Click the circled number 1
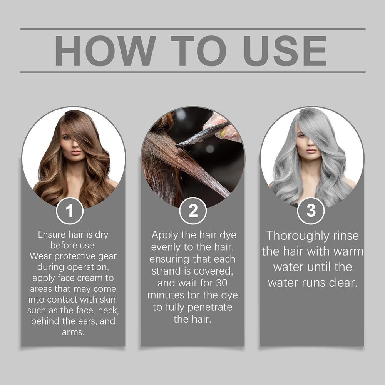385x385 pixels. [x=70, y=211]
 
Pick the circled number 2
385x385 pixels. [x=193, y=211]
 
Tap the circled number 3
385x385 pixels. [x=311, y=211]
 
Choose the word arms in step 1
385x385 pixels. [x=73, y=332]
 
